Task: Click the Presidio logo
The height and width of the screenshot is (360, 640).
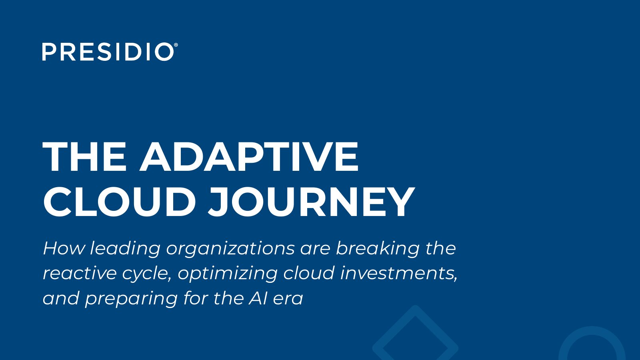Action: (110, 52)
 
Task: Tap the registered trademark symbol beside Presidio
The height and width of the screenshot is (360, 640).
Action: (176, 45)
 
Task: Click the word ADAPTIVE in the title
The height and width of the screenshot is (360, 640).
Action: (249, 156)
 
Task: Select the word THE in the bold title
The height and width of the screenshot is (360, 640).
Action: (84, 156)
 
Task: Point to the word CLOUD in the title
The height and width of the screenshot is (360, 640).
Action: (120, 202)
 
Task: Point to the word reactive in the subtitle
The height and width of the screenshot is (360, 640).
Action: (80, 273)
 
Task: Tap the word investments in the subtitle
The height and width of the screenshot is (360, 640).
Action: (399, 273)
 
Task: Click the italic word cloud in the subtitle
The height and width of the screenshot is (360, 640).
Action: (309, 273)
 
